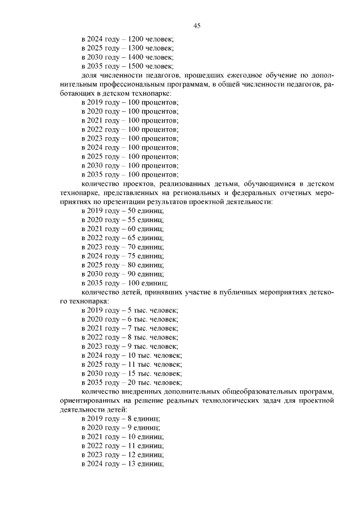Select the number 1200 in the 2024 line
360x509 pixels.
coord(136,39)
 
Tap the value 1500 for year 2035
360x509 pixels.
coord(136,66)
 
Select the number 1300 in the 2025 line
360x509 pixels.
coord(136,48)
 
